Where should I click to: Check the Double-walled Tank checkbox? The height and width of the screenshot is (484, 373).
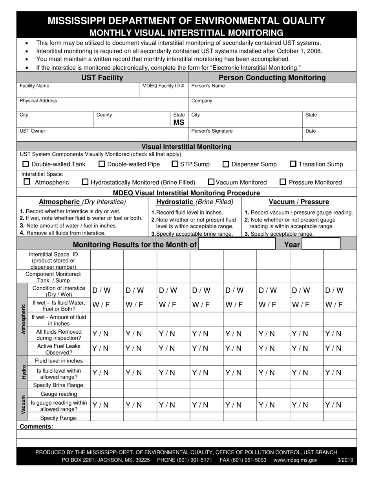26,164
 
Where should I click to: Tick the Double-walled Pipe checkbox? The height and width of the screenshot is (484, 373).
102,164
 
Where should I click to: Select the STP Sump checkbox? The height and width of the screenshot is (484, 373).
175,164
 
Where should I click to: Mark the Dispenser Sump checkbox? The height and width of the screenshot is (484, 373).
226,164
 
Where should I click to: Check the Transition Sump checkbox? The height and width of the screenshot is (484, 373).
293,164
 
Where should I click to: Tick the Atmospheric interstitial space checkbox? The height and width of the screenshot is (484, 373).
27,182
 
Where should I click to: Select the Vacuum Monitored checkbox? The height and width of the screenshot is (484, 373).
211,182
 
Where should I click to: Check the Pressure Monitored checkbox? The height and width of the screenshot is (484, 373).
283,182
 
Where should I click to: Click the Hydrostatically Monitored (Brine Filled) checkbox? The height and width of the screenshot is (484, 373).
85,182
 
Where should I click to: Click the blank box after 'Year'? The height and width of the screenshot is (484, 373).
321,244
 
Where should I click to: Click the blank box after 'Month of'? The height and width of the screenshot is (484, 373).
237,244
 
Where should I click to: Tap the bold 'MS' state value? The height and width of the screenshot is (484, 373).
179,122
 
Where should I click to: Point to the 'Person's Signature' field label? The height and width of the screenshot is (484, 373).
212,131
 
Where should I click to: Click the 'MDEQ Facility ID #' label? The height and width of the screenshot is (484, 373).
163,86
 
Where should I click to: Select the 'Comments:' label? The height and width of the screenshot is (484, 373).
36,427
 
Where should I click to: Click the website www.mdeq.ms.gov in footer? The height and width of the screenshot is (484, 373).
295,460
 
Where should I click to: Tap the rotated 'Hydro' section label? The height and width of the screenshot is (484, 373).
23,372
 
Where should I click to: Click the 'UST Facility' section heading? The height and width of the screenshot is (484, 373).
102,78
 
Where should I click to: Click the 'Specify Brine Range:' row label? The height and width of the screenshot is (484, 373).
59,385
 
